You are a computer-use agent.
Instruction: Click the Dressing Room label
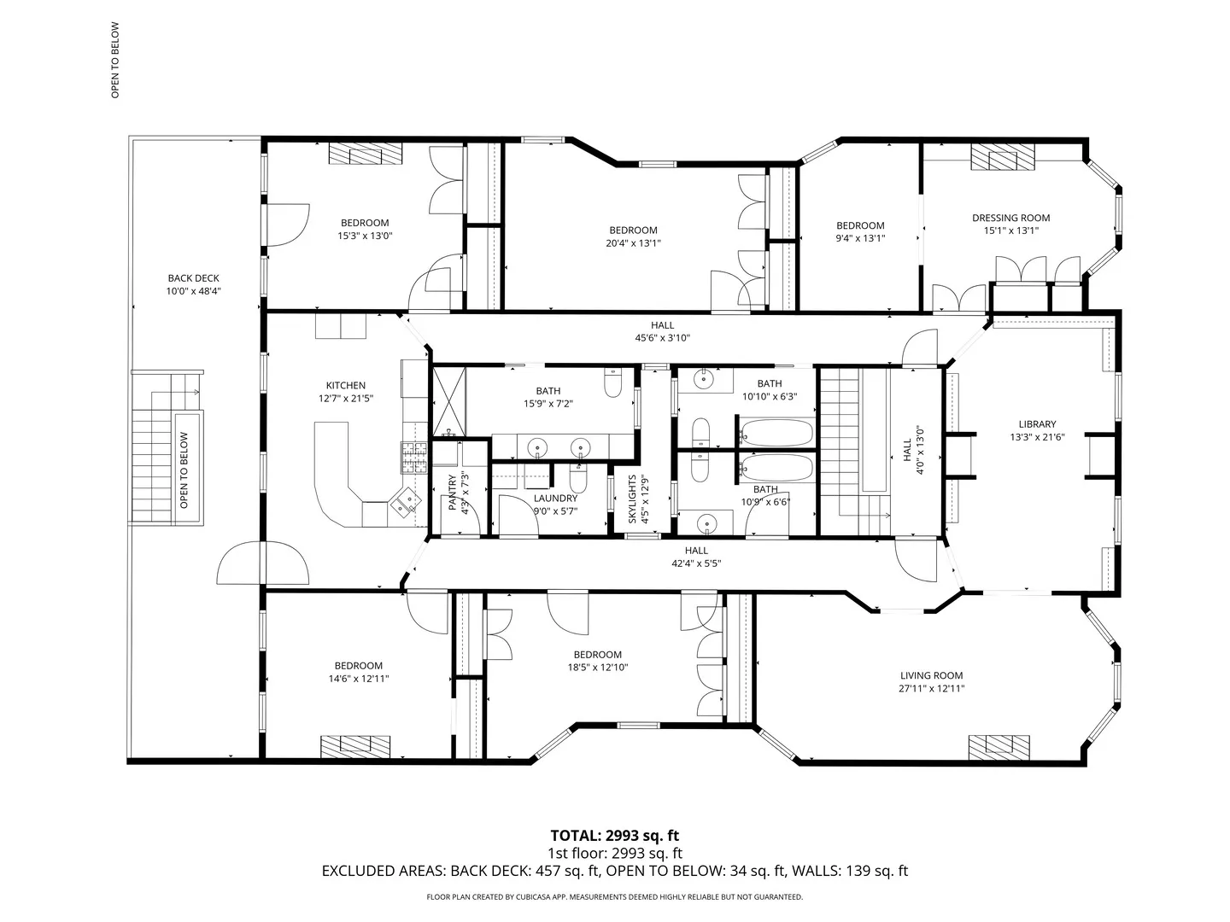point(1010,218)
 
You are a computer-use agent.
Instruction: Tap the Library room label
point(1037,424)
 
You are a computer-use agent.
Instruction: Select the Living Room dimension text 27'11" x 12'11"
point(931,689)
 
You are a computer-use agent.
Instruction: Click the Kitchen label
point(345,385)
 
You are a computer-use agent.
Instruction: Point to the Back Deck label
point(193,278)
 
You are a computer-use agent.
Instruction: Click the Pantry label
point(452,493)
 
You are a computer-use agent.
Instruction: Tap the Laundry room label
point(555,499)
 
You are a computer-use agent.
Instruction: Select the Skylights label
point(632,499)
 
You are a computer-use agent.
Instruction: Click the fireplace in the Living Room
point(999,747)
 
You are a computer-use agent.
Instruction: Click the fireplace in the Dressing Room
point(1003,157)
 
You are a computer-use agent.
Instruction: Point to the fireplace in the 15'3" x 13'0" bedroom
point(366,154)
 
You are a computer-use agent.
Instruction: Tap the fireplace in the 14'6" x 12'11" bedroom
point(354,747)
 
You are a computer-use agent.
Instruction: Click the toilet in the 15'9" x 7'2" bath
point(612,382)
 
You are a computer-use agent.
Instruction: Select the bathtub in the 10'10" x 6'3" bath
point(776,433)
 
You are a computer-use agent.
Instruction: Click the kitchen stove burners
point(413,458)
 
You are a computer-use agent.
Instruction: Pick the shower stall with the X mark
point(448,401)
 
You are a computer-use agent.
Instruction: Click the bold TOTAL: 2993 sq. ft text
point(614,836)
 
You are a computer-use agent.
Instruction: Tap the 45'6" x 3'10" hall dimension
point(662,338)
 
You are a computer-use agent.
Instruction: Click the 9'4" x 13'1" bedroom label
point(860,225)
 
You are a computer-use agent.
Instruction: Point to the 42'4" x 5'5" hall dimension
point(696,563)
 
